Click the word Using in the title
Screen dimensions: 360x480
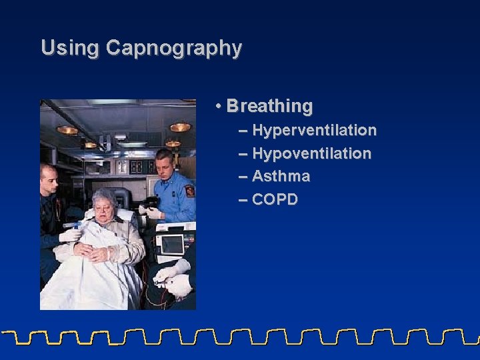point(71,48)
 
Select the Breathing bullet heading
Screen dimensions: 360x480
point(269,106)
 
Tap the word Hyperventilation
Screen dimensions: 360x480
point(314,130)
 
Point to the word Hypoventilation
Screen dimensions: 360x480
point(311,153)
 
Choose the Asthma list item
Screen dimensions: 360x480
point(281,177)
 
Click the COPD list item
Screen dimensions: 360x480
point(275,200)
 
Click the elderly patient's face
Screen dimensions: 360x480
point(106,207)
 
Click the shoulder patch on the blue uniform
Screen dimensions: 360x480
point(189,191)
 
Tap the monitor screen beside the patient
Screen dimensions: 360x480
point(171,245)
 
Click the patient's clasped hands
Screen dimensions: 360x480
point(93,251)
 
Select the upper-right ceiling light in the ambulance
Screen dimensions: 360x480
point(179,127)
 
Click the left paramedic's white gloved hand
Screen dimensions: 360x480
point(70,234)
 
